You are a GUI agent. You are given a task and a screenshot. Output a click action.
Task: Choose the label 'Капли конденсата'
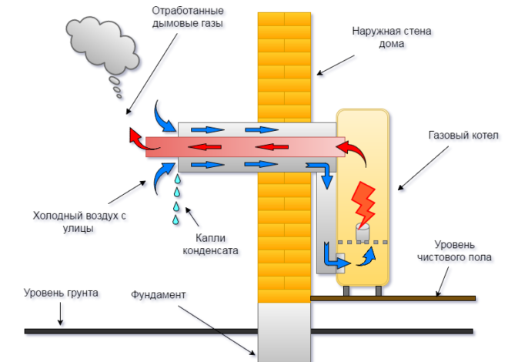click(x=210, y=243)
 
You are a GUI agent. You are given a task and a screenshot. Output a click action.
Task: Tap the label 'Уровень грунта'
click(x=61, y=293)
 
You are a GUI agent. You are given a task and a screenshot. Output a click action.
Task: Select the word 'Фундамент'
click(x=159, y=294)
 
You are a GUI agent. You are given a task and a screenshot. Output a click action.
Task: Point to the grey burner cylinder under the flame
click(x=361, y=233)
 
